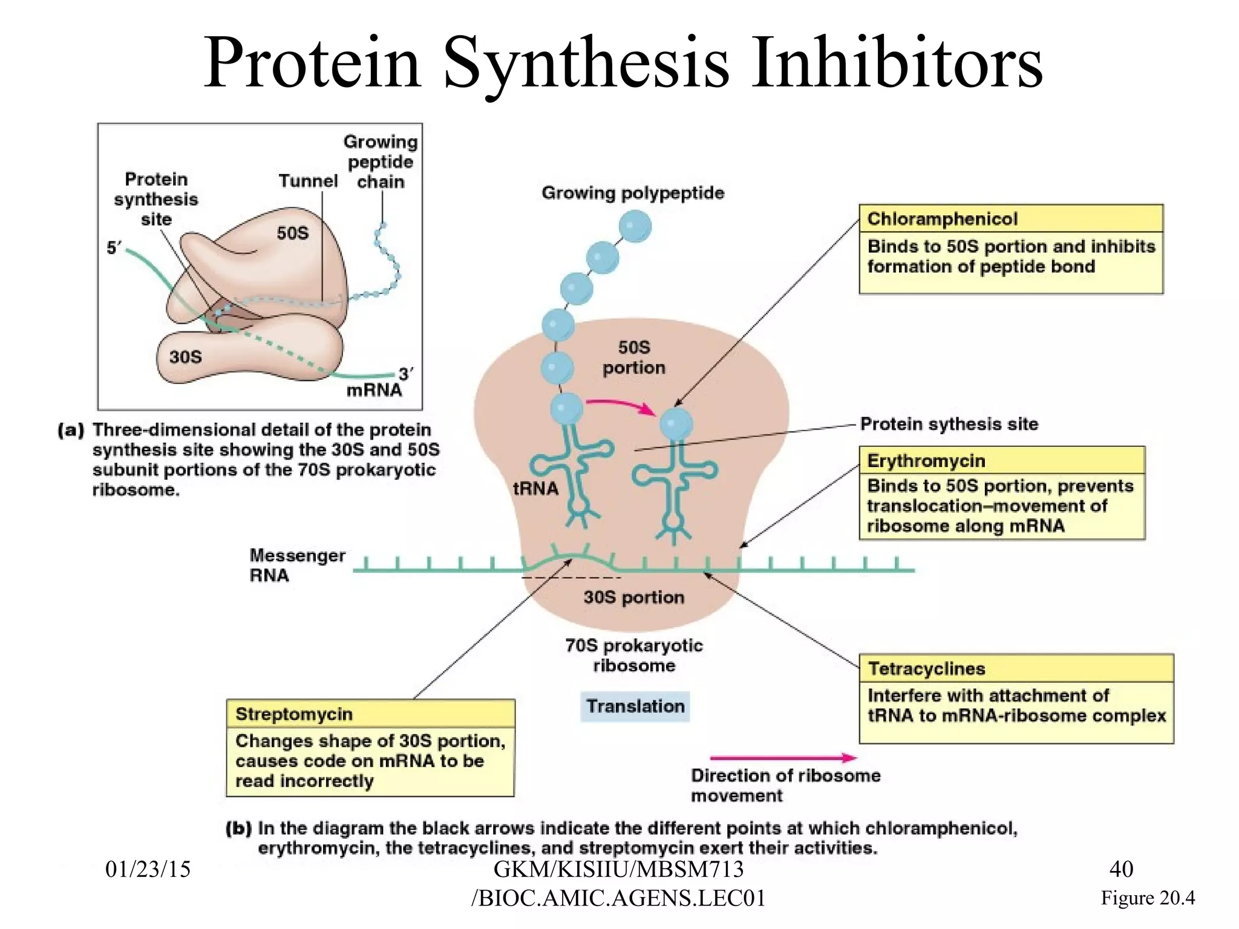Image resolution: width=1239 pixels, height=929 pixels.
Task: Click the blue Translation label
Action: tap(635, 706)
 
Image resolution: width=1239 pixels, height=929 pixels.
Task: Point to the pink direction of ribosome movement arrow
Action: tap(783, 757)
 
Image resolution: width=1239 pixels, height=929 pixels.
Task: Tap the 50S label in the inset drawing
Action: tap(292, 233)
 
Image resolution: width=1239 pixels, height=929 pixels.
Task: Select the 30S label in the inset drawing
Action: tap(185, 357)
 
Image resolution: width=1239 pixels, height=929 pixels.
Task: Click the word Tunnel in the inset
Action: tap(308, 181)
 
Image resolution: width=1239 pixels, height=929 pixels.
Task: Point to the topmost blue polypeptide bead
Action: tap(635, 227)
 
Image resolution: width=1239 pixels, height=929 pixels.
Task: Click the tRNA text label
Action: tap(535, 488)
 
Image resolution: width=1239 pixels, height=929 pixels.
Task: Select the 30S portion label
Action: tap(633, 597)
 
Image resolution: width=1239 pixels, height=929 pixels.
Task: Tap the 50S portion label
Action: tap(633, 357)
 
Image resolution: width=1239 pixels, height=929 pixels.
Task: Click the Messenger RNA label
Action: tap(297, 565)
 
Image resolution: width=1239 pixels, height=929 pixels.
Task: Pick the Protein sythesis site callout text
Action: tap(949, 424)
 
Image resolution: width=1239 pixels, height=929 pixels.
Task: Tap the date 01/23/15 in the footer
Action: tap(148, 869)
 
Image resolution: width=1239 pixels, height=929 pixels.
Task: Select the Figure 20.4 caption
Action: tap(1147, 898)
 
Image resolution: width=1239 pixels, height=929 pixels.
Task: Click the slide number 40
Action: tap(1121, 869)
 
